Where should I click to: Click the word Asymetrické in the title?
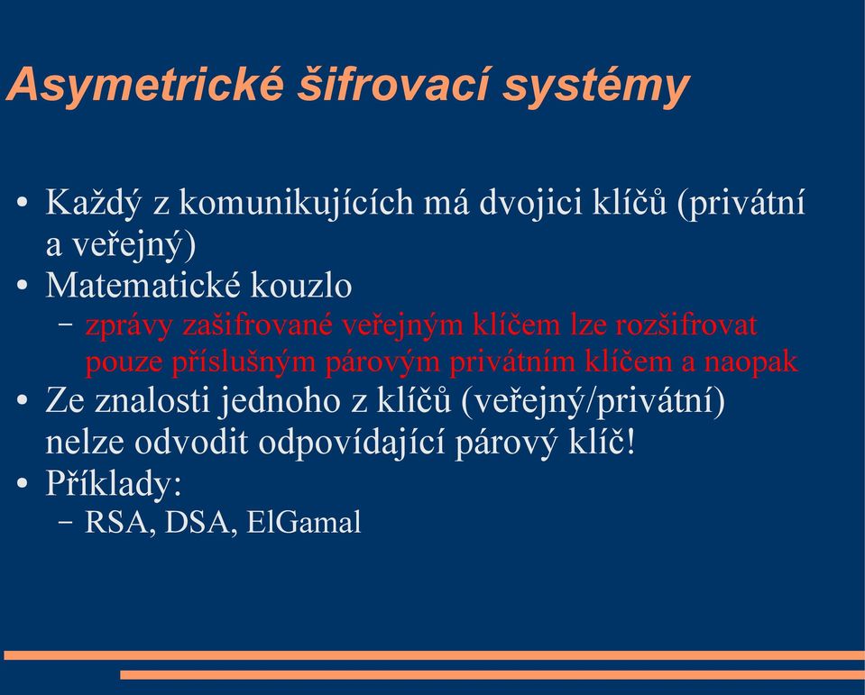click(x=146, y=86)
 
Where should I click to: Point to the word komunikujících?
click(x=296, y=203)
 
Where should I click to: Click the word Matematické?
click(x=143, y=285)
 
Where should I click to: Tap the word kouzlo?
click(x=301, y=285)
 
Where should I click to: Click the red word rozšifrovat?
click(x=686, y=325)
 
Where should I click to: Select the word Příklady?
click(x=114, y=485)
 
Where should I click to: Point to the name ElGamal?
click(x=304, y=522)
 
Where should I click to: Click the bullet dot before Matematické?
click(x=22, y=287)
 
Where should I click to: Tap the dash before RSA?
click(x=65, y=523)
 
